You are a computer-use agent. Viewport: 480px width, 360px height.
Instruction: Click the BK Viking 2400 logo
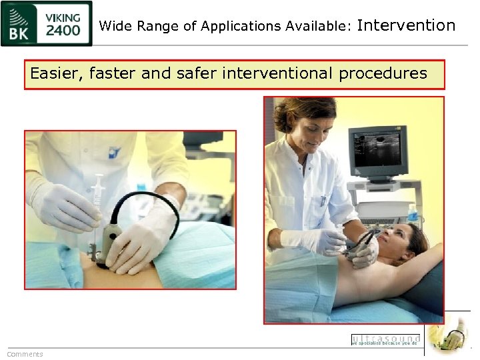(46, 23)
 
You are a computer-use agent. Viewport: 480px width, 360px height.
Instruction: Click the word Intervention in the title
(406, 26)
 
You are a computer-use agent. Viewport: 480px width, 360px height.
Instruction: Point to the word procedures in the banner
(383, 73)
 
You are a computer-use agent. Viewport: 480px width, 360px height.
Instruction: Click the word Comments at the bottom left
(25, 354)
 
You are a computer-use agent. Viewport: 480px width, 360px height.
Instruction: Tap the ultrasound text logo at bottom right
(385, 339)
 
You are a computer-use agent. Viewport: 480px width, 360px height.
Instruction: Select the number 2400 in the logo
(63, 30)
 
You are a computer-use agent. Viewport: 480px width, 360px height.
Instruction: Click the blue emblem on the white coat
(114, 152)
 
